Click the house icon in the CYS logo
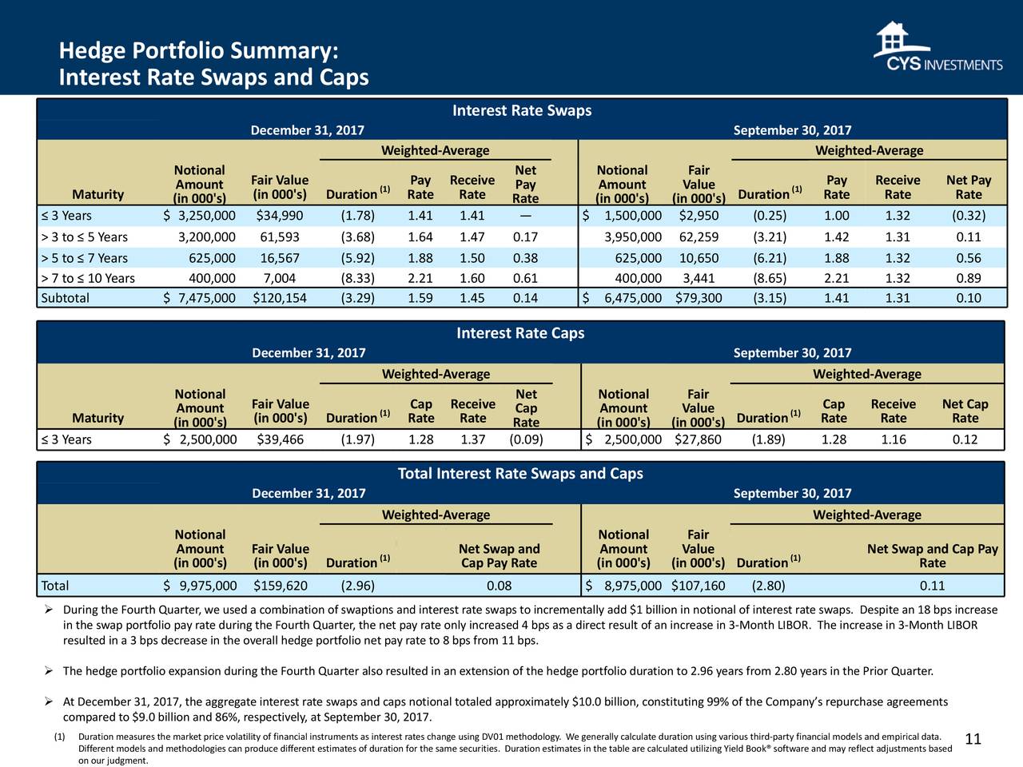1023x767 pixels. pyautogui.click(x=893, y=38)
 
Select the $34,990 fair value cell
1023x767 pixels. pyautogui.click(x=280, y=216)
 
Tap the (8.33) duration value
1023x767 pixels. pyautogui.click(x=357, y=279)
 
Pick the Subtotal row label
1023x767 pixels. pyautogui.click(x=65, y=298)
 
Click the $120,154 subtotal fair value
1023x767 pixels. pyautogui.click(x=280, y=298)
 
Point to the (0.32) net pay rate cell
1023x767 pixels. pyautogui.click(x=969, y=216)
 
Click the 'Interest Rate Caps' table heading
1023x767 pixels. pyautogui.click(x=520, y=333)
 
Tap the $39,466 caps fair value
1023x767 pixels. pyautogui.click(x=280, y=439)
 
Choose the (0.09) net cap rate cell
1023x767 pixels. pyautogui.click(x=526, y=439)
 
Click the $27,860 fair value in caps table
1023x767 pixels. pyautogui.click(x=699, y=439)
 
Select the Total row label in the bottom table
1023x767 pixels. pyautogui.click(x=55, y=586)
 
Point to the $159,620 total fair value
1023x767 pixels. pyautogui.click(x=280, y=586)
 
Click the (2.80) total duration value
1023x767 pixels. pyautogui.click(x=768, y=586)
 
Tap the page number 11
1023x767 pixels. pyautogui.click(x=973, y=739)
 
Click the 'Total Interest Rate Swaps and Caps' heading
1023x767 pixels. pyautogui.click(x=520, y=474)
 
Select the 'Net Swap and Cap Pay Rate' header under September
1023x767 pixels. pyautogui.click(x=933, y=555)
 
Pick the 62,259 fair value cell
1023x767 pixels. pyautogui.click(x=699, y=237)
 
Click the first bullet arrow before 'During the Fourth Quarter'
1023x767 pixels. pyautogui.click(x=49, y=610)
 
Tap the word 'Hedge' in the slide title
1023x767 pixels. pyautogui.click(x=92, y=51)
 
